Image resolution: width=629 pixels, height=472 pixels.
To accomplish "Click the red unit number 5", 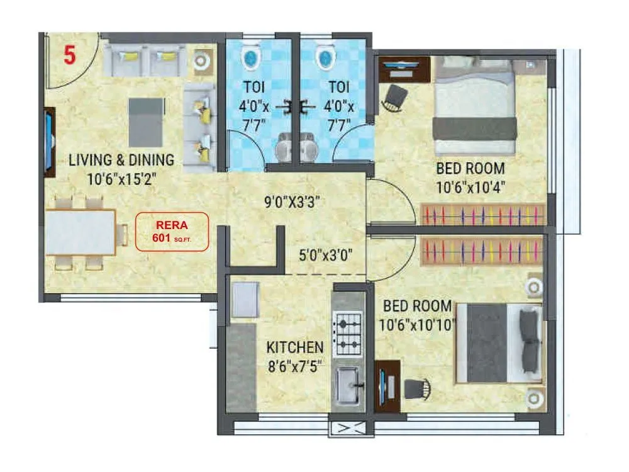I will (x=69, y=55).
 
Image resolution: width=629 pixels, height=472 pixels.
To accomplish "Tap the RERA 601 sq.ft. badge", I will (x=172, y=231).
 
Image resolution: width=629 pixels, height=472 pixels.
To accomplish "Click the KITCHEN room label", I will (x=295, y=347).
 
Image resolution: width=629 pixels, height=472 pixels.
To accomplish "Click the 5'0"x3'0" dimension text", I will (x=325, y=255).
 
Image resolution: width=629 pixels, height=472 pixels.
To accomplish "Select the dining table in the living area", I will (x=81, y=231).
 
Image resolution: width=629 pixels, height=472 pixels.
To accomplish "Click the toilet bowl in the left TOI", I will (x=250, y=58).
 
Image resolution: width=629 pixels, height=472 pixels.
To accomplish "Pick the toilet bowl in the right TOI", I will (x=325, y=58).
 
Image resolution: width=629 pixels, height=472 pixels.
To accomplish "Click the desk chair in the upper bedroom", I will (x=394, y=98).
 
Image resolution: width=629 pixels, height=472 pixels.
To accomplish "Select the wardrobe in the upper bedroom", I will (x=482, y=215).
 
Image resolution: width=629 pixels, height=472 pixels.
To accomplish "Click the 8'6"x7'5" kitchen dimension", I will (x=295, y=366).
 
